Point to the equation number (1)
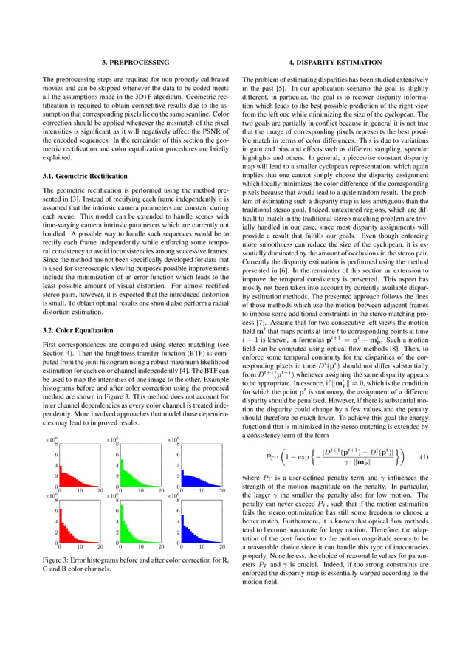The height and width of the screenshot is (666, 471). (x=423, y=456)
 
